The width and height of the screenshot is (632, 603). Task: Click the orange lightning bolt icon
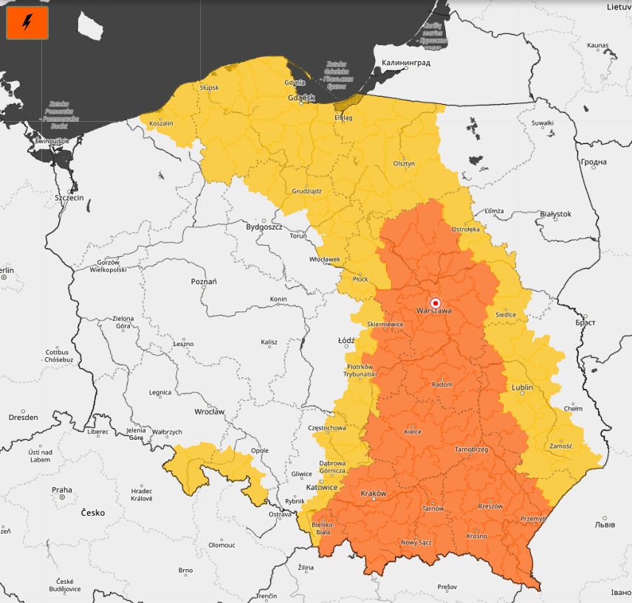pos(27,24)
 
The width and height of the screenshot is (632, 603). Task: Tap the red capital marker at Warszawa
pos(436,303)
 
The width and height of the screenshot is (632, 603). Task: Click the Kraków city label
pos(373,493)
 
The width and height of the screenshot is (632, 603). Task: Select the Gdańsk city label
pos(301,97)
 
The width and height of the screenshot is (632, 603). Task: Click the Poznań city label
pos(204,281)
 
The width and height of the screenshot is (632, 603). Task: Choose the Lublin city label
pos(522,387)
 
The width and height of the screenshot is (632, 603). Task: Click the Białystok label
pos(555,213)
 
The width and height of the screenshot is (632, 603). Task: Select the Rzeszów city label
pos(490,506)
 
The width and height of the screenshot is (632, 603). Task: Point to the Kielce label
pos(413,432)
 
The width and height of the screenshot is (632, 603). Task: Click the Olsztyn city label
pos(404,163)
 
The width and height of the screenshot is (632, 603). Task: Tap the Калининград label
pos(406,63)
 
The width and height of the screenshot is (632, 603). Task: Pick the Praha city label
pos(62,489)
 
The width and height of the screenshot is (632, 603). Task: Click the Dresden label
pos(23,417)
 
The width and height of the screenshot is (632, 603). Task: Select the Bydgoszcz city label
pos(264,227)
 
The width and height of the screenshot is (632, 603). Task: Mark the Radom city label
pos(442,385)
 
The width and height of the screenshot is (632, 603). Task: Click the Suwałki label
pos(542,123)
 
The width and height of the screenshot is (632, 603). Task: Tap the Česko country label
pos(93,512)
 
